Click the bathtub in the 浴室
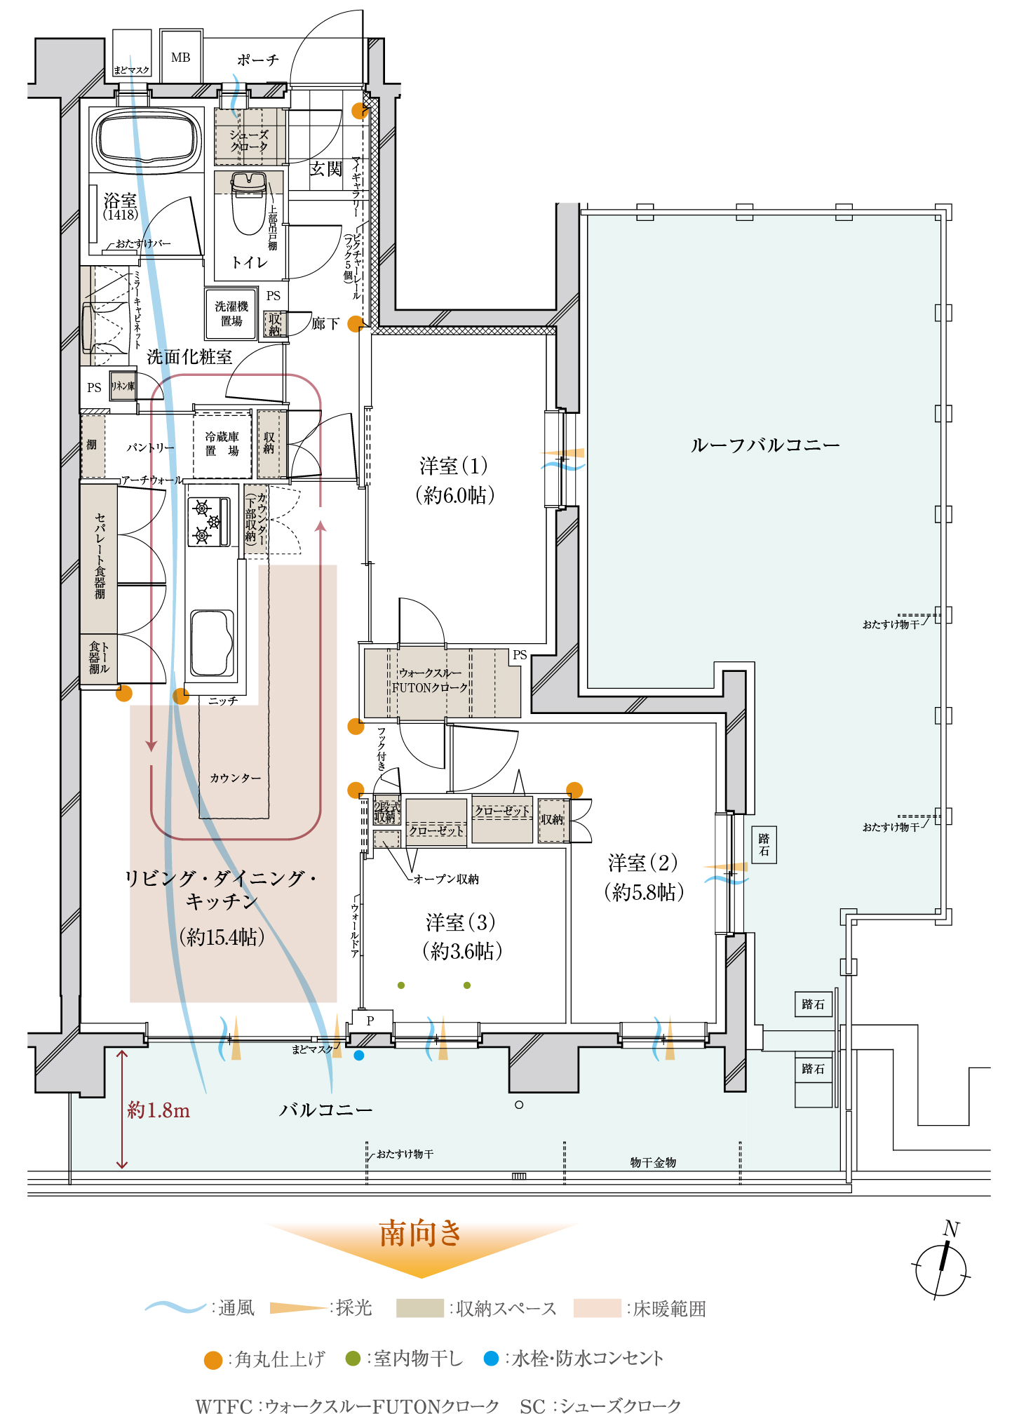(x=146, y=139)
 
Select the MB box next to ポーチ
(x=181, y=58)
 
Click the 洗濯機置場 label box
(x=231, y=314)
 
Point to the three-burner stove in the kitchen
(x=208, y=522)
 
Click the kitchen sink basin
(x=212, y=642)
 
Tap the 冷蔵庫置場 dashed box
(x=222, y=445)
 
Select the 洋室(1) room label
(x=455, y=480)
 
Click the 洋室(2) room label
(x=643, y=877)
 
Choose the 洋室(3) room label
(x=461, y=936)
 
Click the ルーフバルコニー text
(x=764, y=445)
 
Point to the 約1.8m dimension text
(x=158, y=1110)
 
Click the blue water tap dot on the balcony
(x=359, y=1055)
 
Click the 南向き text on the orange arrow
(x=421, y=1233)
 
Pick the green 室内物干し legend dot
(x=353, y=1359)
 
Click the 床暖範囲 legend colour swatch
(x=597, y=1308)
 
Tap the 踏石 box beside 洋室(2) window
(x=764, y=844)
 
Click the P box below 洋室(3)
(x=371, y=1021)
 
